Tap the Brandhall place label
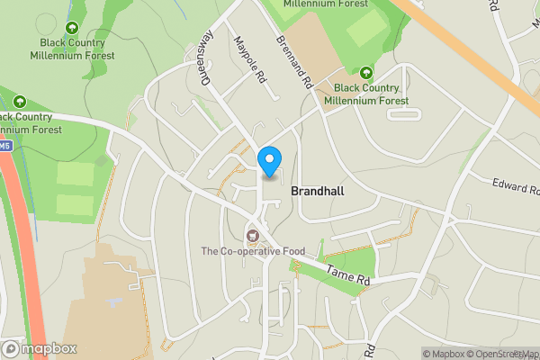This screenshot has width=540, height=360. click(x=318, y=192)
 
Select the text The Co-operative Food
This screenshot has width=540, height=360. click(x=253, y=251)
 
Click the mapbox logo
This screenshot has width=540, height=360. click(x=40, y=348)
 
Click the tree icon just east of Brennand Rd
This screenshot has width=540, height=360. click(x=366, y=73)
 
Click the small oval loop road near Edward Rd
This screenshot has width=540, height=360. click(x=409, y=113)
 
